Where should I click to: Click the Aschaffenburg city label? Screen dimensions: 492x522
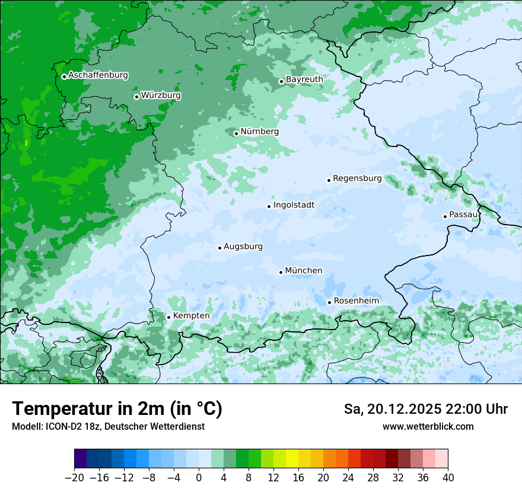click(98, 75)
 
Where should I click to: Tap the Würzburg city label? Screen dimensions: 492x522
click(161, 95)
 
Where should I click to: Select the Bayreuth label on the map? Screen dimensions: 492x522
click(304, 79)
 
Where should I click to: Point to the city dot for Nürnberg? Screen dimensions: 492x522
click(236, 133)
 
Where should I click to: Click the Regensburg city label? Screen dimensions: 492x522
click(357, 178)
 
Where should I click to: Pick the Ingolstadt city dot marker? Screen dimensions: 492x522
click(269, 206)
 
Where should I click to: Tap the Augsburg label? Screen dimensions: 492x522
click(243, 247)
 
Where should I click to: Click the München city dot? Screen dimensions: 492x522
click(281, 272)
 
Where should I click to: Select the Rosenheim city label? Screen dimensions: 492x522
click(356, 301)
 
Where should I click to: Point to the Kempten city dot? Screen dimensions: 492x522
click(168, 317)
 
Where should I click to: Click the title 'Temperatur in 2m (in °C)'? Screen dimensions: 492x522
click(117, 409)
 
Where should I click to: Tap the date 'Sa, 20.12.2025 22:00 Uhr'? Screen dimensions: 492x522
click(425, 409)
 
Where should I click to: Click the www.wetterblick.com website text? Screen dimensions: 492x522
click(428, 427)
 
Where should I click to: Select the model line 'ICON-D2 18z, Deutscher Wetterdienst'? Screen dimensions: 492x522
click(107, 427)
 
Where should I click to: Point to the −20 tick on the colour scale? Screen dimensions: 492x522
click(74, 478)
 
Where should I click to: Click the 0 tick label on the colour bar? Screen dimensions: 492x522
click(199, 478)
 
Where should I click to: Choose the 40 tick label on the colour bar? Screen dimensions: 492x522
click(448, 478)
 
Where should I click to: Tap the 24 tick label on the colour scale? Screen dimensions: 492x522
click(348, 478)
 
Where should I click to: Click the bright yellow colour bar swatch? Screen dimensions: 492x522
click(292, 459)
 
